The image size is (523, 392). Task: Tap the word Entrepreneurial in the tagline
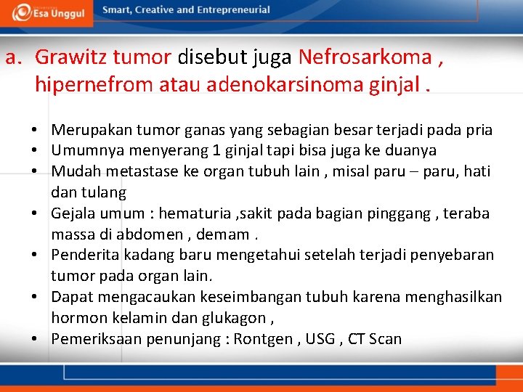coord(231,10)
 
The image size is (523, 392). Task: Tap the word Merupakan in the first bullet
coord(86,130)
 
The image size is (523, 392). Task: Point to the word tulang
coord(107,192)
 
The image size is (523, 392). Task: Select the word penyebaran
coord(450,256)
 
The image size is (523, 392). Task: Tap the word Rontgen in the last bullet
coord(264,339)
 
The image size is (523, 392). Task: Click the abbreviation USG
coord(320,339)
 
